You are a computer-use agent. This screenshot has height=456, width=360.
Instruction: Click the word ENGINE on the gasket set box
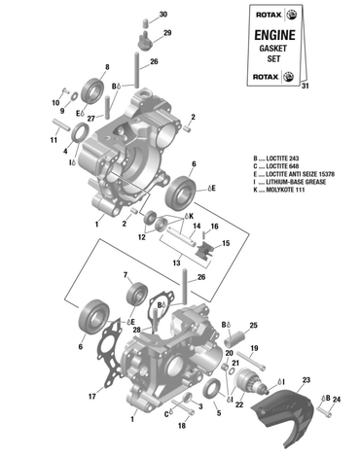268,34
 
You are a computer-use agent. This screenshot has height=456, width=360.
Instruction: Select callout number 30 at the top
162,14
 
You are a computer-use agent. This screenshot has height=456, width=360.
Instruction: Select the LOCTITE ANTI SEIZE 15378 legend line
297,172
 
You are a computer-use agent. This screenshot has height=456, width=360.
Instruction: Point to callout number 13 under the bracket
176,263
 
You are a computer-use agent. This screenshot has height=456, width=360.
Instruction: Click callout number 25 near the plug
252,325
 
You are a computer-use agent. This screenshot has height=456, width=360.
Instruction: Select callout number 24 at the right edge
337,399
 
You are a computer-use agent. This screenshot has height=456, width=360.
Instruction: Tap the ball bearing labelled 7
137,292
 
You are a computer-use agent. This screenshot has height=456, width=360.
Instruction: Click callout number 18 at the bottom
181,426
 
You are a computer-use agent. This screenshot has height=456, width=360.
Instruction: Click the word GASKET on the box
268,49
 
